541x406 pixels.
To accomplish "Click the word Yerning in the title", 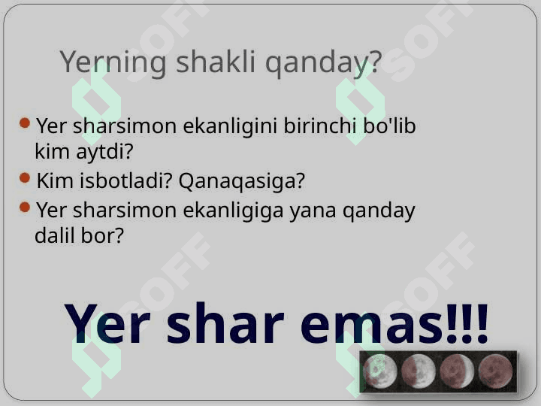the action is (113, 62).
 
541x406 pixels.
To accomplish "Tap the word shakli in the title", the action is (216, 61).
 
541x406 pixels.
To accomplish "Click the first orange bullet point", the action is (25, 123).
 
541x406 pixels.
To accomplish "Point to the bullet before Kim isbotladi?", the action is (25, 177).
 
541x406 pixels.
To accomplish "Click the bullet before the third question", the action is (25, 208).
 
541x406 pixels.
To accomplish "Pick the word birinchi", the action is (319, 126).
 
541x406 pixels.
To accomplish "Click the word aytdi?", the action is (104, 152).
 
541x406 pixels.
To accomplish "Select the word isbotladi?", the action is (125, 180).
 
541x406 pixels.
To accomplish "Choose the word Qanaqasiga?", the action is (241, 181).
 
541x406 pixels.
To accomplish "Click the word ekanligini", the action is (230, 126).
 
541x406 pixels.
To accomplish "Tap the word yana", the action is (313, 211).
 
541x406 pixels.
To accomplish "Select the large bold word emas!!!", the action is (394, 324).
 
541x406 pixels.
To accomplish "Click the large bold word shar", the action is (225, 323).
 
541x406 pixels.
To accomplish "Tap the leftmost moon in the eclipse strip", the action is (380, 371).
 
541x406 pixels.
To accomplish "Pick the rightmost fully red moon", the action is (495, 371).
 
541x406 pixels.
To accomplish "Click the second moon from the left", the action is (419, 371).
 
